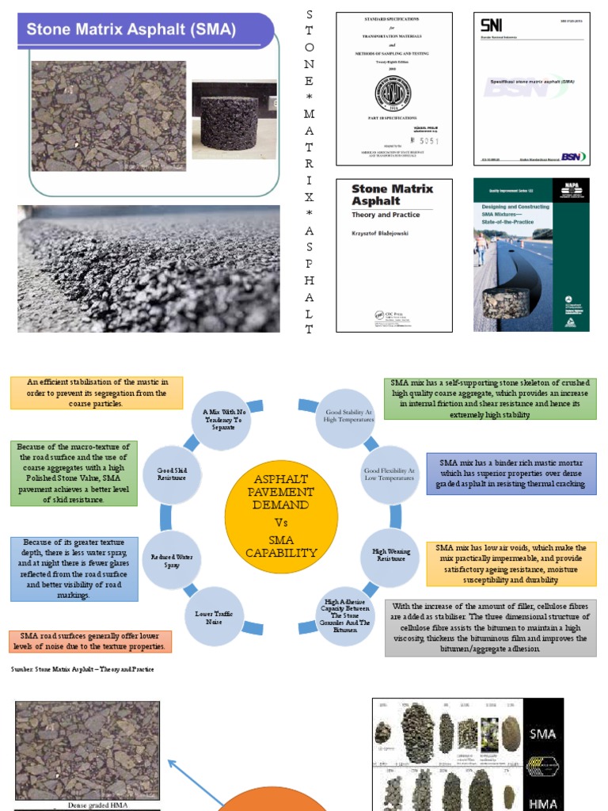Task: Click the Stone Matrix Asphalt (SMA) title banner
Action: [142, 31]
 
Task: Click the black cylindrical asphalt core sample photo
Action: [234, 119]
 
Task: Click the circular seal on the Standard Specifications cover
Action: [393, 95]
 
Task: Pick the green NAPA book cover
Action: [531, 254]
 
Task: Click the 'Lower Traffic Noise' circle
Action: [213, 616]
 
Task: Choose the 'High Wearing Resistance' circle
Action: [389, 554]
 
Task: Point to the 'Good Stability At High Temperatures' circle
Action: [343, 416]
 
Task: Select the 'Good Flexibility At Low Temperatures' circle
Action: [389, 474]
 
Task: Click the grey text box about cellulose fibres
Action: [491, 627]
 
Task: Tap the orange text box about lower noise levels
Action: [90, 641]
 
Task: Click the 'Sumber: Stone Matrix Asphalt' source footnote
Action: [82, 669]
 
